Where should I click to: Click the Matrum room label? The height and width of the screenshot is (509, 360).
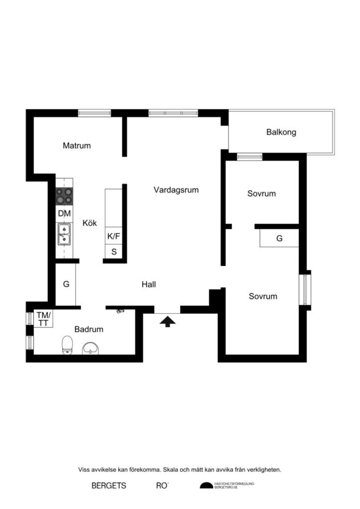[x=77, y=146]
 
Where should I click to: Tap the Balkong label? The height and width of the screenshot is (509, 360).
[x=281, y=132]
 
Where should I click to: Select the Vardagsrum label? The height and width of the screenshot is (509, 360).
[x=176, y=189]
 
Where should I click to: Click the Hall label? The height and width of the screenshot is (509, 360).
[x=149, y=284]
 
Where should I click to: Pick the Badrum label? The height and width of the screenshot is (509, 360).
[x=89, y=329]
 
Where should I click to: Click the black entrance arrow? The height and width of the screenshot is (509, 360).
[x=168, y=322]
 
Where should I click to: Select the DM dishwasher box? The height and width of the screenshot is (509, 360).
[x=64, y=214]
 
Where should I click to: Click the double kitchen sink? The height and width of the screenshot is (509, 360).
[x=64, y=235]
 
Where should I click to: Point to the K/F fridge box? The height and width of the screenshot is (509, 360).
[x=114, y=236]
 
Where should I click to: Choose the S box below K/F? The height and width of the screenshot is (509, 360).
[x=114, y=252]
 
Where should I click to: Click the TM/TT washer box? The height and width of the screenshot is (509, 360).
[x=43, y=318]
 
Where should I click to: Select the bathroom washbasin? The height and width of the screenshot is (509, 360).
[x=90, y=348]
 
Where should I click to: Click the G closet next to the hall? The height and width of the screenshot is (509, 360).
[x=66, y=285]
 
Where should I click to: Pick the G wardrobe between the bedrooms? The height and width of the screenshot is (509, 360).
[x=279, y=238]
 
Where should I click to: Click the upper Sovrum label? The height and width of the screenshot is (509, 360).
[x=262, y=193]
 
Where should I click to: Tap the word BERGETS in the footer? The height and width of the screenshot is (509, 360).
[x=109, y=486]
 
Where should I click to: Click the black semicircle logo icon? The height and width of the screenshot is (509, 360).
[x=206, y=486]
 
